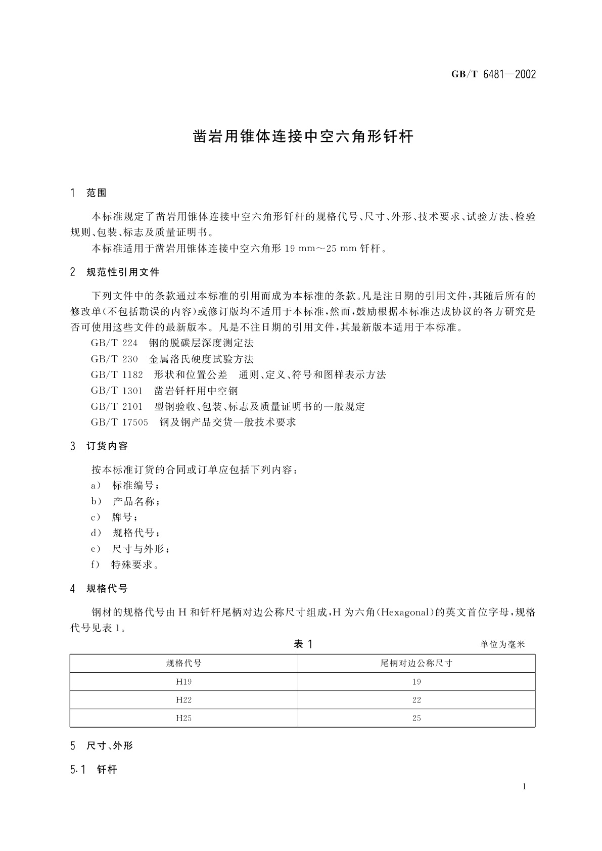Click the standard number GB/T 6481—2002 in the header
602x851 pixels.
pyautogui.click(x=493, y=75)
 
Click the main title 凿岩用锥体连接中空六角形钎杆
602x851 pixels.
pyautogui.click(x=304, y=137)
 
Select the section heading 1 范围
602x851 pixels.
pyautogui.click(x=89, y=193)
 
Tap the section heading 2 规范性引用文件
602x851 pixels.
pyautogui.click(x=115, y=272)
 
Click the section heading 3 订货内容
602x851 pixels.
pyautogui.click(x=100, y=446)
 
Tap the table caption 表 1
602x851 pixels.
pyautogui.click(x=303, y=644)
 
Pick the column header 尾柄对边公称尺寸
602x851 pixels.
pyautogui.click(x=416, y=664)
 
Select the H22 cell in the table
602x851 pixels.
pyautogui.click(x=183, y=700)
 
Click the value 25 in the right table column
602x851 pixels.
pyautogui.click(x=416, y=718)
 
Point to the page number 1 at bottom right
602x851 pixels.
pyautogui.click(x=524, y=787)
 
